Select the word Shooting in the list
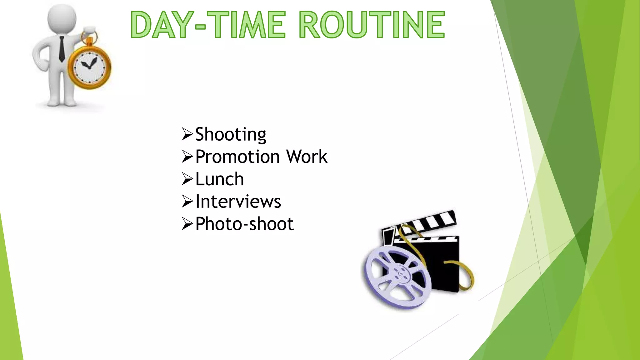click(x=231, y=134)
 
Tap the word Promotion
click(x=237, y=157)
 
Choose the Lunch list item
click(x=219, y=179)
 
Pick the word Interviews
click(x=238, y=202)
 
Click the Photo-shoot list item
click(x=244, y=224)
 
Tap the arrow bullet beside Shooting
click(x=187, y=134)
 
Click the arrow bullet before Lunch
click(x=187, y=179)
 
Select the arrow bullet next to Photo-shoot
click(x=187, y=224)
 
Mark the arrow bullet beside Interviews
click(x=187, y=202)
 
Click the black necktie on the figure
click(x=62, y=48)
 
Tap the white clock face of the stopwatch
click(x=89, y=67)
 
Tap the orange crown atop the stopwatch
click(x=90, y=41)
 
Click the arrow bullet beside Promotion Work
click(x=187, y=157)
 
